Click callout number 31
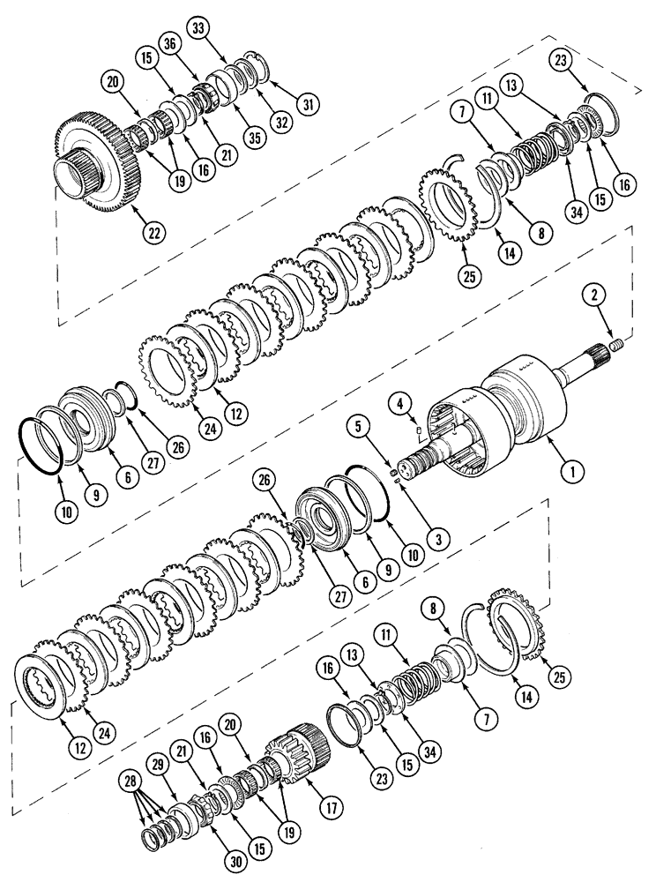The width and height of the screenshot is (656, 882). (307, 106)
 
